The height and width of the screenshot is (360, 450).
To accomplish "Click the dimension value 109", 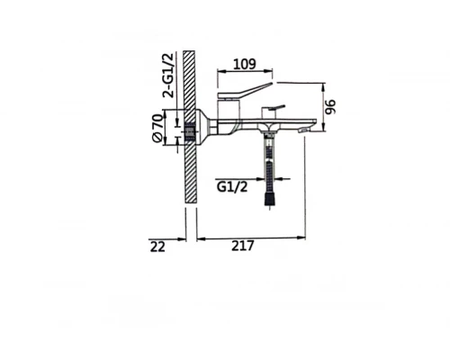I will point(245,64).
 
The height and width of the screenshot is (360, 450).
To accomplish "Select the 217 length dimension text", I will point(242,246).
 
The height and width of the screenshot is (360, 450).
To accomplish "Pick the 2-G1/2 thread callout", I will point(168,76).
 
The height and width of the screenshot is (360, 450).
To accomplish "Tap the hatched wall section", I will point(189,171).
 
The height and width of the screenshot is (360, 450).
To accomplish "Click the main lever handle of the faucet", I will point(247,91).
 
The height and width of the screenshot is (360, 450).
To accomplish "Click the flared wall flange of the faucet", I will point(205,127).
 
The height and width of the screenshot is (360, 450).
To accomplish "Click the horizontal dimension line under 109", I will point(245,74).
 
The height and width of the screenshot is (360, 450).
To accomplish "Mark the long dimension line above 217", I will point(252,238).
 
